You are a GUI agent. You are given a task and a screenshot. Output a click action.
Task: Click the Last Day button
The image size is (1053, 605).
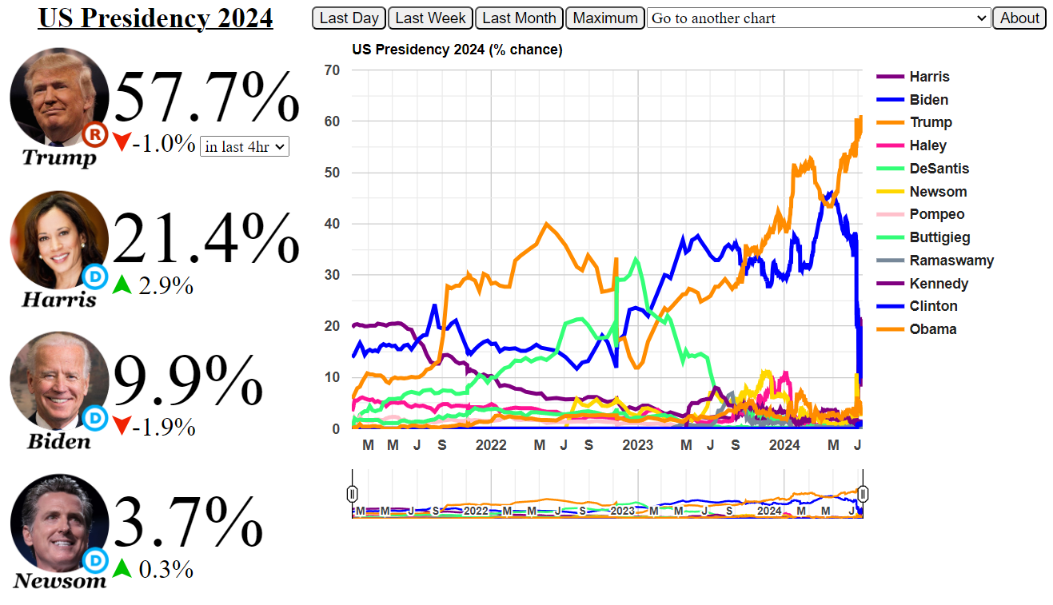[349, 18]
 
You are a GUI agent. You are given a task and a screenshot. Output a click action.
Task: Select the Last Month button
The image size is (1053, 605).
[519, 18]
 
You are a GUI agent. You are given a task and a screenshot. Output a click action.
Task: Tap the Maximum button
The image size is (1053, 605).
[605, 18]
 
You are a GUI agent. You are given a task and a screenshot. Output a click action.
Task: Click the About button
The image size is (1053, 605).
[1019, 18]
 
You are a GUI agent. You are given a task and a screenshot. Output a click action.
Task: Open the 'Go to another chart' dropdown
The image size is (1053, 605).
[819, 18]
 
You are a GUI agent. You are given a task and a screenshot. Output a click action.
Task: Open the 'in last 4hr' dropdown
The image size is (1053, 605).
[244, 146]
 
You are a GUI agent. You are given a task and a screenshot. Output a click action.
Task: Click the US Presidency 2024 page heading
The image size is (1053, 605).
[155, 18]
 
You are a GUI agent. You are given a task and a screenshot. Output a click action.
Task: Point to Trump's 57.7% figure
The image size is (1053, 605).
[207, 98]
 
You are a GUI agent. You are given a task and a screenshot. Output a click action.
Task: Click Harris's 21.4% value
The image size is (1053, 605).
[207, 238]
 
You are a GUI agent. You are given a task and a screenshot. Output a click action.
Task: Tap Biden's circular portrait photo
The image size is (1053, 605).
[58, 381]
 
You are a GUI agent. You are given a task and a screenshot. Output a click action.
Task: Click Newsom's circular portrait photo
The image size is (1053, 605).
[58, 523]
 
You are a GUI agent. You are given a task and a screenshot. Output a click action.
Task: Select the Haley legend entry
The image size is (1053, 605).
[927, 145]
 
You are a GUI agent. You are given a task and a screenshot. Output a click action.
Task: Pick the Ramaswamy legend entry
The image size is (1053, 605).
[951, 261]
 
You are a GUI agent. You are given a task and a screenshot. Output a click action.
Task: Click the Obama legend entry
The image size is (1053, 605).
[932, 329]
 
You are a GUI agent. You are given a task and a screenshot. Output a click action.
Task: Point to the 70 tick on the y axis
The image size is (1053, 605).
[332, 70]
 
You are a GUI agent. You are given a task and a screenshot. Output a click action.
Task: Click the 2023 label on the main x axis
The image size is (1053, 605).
[637, 445]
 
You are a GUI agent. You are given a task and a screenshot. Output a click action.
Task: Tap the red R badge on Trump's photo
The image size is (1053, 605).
[95, 135]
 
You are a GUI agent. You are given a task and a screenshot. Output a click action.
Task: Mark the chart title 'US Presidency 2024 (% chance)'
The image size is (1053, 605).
[457, 50]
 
